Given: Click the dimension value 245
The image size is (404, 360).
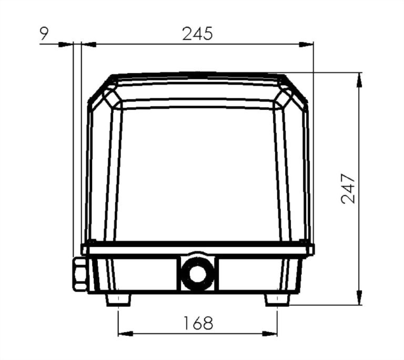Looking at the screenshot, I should coord(197,34).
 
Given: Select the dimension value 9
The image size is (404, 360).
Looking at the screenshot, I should coord(45,34).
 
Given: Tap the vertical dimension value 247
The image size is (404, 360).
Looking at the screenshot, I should coord(348,188).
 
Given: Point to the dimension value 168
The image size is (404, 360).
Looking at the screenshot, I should coord(198,323).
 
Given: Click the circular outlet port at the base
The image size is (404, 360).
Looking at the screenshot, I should coord(197,274).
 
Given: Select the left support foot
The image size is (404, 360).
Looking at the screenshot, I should coord(118,300).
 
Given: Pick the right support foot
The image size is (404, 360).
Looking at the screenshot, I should coord(277,300).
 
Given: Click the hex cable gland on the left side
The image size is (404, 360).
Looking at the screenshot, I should coord(79,274).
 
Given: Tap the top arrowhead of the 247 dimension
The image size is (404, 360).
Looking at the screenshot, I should coord(359,79).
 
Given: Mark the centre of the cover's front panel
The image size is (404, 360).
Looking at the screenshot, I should coord(197,173).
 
